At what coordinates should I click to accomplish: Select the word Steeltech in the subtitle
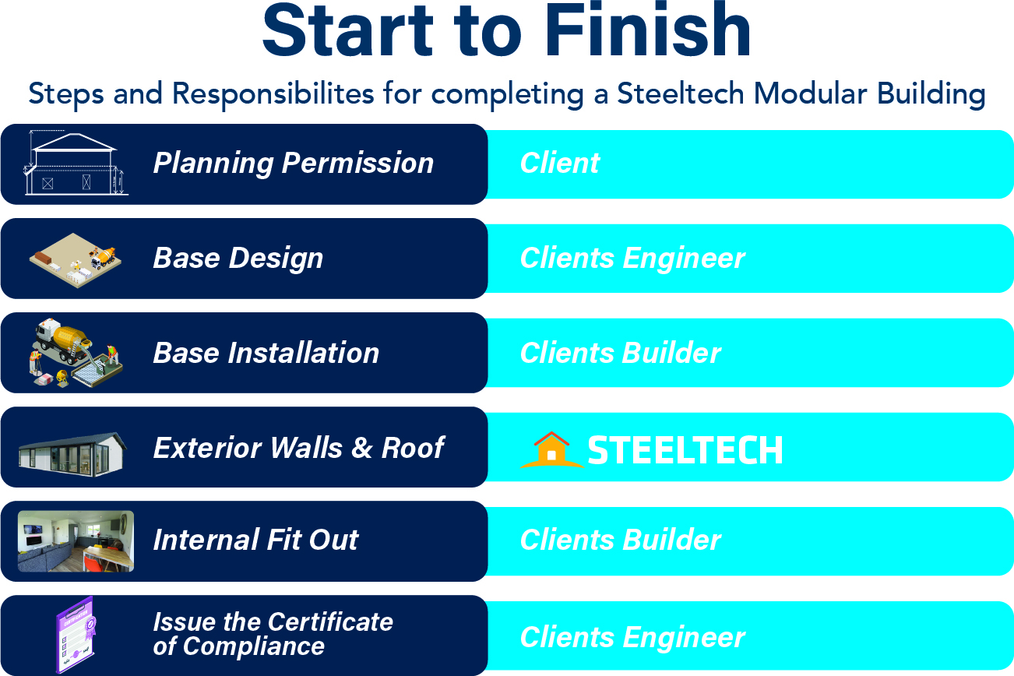tap(681, 93)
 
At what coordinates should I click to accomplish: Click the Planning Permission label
tap(294, 163)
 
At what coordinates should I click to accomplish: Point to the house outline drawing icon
tap(76, 163)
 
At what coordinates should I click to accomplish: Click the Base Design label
tap(238, 258)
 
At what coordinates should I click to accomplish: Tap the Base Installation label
tap(266, 353)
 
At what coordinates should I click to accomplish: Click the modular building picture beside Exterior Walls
tap(72, 454)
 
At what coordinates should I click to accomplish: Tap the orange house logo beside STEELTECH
tap(551, 449)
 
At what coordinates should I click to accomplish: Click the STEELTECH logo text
tap(685, 450)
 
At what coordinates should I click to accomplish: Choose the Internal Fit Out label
tap(255, 540)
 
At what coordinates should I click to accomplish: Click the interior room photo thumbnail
tap(76, 541)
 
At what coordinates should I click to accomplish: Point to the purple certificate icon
tap(76, 635)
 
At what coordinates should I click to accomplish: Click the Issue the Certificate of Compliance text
tap(273, 634)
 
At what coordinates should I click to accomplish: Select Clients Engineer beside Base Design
tap(632, 258)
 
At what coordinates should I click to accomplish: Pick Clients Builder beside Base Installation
tap(620, 353)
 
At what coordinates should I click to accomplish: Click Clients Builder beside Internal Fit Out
tap(620, 540)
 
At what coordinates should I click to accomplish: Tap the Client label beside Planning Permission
tap(560, 163)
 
